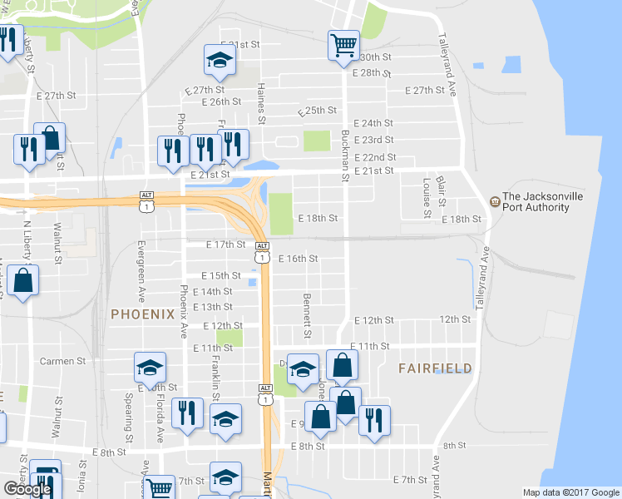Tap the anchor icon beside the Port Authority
(x=494, y=201)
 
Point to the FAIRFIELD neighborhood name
(x=435, y=368)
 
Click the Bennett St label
(x=307, y=315)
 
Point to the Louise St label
(x=426, y=198)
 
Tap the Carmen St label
(x=63, y=361)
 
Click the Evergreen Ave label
(x=141, y=271)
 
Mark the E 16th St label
(x=298, y=259)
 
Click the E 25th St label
(x=316, y=110)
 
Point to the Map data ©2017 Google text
(x=570, y=492)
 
